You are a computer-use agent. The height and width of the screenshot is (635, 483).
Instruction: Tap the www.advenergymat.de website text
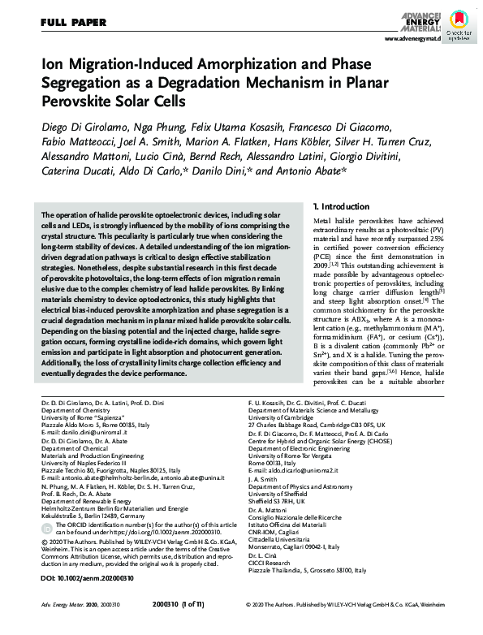[412, 38]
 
